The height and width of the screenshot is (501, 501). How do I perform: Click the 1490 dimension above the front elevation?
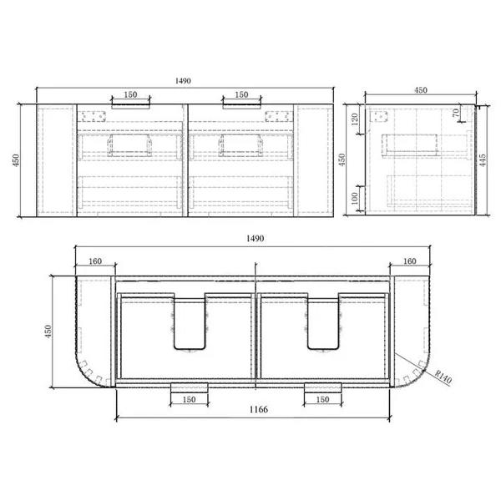coord(183,81)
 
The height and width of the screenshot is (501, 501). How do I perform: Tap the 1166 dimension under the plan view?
coord(259,409)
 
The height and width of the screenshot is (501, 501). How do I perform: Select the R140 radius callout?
coord(443,377)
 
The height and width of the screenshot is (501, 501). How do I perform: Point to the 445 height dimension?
coord(483,160)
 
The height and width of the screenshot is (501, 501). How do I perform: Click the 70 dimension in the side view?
coord(456,113)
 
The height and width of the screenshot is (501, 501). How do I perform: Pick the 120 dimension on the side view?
coord(355,119)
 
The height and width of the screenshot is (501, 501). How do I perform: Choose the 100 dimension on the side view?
coord(355,199)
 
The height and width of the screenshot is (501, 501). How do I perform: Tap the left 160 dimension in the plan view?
coord(95,261)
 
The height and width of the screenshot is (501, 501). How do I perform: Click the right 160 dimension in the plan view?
coord(410,261)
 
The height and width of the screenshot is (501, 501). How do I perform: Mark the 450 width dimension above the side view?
coord(421,90)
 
